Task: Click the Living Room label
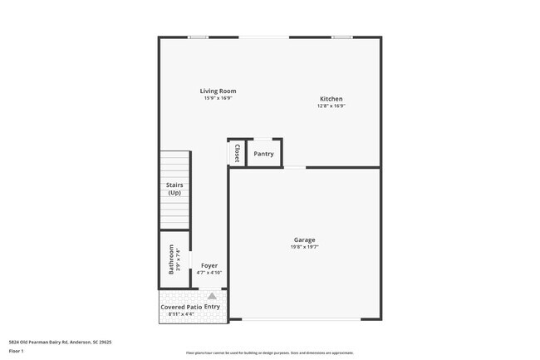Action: click(218, 91)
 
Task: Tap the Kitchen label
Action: click(331, 99)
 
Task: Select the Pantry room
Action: click(264, 154)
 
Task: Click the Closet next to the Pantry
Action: click(237, 153)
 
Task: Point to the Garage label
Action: click(304, 239)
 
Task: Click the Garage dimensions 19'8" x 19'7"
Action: click(304, 246)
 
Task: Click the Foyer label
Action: click(209, 265)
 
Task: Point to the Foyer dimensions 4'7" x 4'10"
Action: click(209, 272)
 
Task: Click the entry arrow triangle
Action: click(212, 296)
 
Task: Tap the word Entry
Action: click(213, 307)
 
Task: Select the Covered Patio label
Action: click(180, 307)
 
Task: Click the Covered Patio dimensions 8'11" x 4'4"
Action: click(180, 314)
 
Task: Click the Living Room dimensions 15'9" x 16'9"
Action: click(218, 98)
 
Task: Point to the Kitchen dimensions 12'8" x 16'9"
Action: click(331, 106)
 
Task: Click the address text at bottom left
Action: click(60, 342)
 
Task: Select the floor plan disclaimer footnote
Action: click(269, 353)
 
